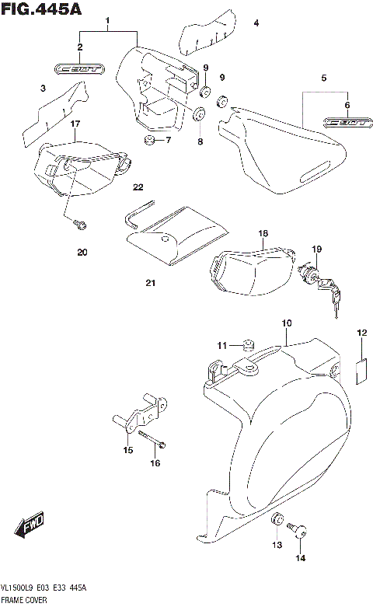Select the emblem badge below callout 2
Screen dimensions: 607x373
point(78,70)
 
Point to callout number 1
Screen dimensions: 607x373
point(107,19)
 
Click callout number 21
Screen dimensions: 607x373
point(150,283)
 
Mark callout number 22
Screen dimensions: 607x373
point(138,187)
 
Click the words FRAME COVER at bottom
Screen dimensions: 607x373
point(25,601)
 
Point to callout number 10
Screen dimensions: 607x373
point(287,323)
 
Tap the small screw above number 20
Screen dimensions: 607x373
point(78,225)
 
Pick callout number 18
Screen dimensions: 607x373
point(263,233)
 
